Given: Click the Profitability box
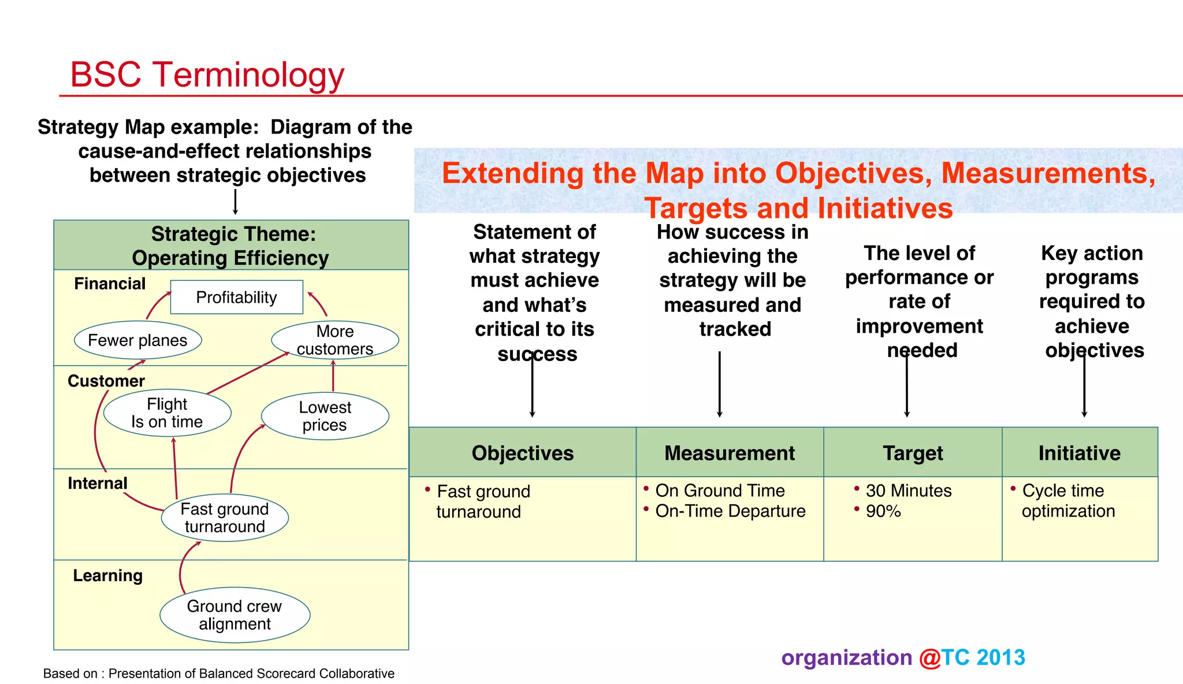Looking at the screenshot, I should click(236, 298).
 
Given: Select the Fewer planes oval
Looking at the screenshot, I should click(137, 340).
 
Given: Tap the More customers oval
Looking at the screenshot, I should click(335, 340).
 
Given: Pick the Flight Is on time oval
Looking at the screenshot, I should click(167, 413).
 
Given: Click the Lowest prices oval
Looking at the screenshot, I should click(325, 416).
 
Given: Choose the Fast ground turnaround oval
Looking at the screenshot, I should click(225, 518).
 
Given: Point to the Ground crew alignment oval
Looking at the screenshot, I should click(235, 615).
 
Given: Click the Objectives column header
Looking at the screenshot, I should click(522, 453).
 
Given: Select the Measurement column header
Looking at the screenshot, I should click(729, 453).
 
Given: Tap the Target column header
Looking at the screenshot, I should click(913, 453).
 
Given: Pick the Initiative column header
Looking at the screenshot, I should click(1079, 453).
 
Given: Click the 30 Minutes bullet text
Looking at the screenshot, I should click(908, 490).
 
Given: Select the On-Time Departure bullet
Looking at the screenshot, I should click(730, 511).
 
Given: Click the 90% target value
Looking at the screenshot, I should click(883, 511).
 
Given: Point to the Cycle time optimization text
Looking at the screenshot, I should click(1067, 501).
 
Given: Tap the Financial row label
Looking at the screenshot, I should click(110, 284).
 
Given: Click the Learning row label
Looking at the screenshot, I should click(107, 575).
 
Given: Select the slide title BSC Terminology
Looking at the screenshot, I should click(207, 75).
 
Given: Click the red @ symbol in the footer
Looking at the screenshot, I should click(929, 658).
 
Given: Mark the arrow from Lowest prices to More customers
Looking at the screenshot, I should click(333, 376).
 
